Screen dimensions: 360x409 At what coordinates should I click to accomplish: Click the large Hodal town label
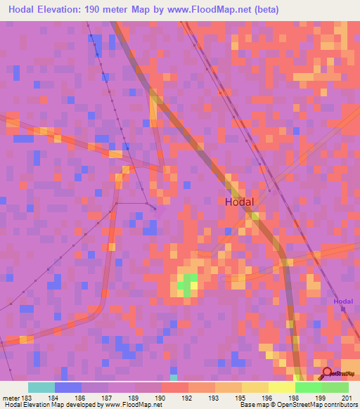click(243, 201)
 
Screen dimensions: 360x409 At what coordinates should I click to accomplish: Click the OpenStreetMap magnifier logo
click(327, 373)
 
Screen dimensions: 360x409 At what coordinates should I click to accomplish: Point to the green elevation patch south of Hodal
click(186, 284)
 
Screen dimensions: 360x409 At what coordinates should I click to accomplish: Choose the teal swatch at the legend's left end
click(41, 387)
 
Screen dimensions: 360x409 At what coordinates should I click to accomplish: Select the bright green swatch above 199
click(308, 387)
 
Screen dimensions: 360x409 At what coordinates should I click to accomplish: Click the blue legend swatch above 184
click(68, 387)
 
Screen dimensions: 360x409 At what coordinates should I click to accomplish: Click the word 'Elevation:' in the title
click(72, 10)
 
